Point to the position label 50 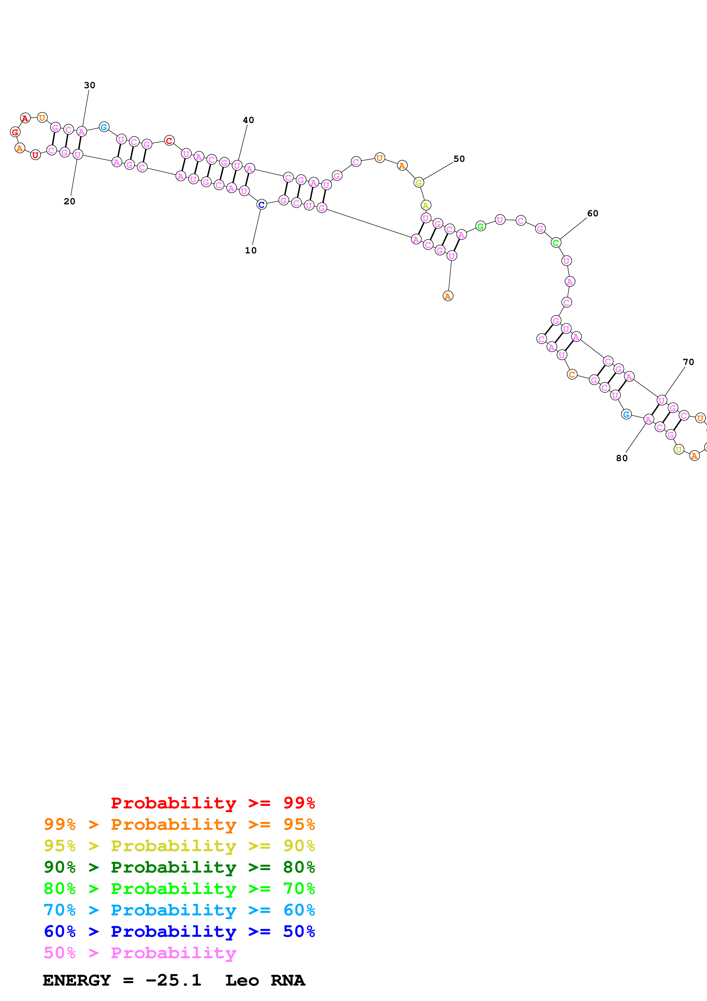point(459,159)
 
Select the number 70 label point(688,362)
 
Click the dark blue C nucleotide point(261,205)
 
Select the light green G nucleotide point(481,226)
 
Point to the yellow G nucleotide point(419,183)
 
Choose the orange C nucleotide point(572,374)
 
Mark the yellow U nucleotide point(679,449)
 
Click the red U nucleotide point(35,155)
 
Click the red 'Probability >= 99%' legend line point(212,803)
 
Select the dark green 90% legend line point(179,867)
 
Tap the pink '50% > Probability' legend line point(140,952)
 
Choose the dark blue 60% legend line point(179,931)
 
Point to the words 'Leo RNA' point(265,980)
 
